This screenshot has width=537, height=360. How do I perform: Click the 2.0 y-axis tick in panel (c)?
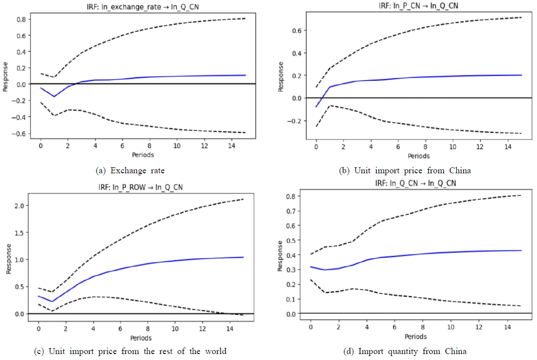coord(20,206)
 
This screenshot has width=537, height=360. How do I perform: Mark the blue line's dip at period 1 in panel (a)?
coord(54,96)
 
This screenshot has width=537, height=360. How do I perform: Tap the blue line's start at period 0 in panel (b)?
coord(316,107)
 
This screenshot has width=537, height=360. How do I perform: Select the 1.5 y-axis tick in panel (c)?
coord(20,233)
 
